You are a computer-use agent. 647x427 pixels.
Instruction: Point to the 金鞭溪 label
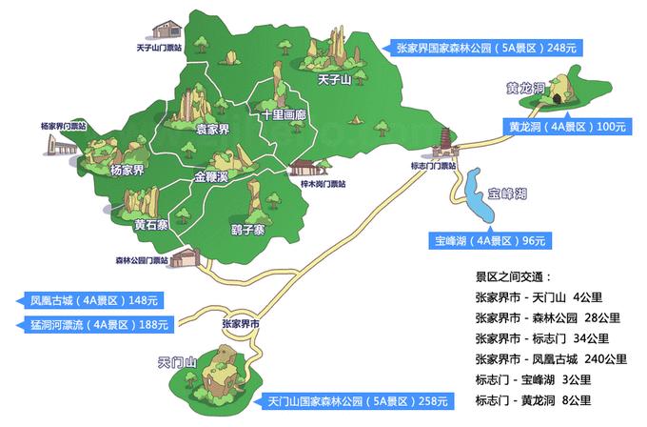pyautogui.click(x=211, y=177)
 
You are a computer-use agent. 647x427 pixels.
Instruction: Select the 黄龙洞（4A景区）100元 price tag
pyautogui.click(x=567, y=126)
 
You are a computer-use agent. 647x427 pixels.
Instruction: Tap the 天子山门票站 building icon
pyautogui.click(x=168, y=29)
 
